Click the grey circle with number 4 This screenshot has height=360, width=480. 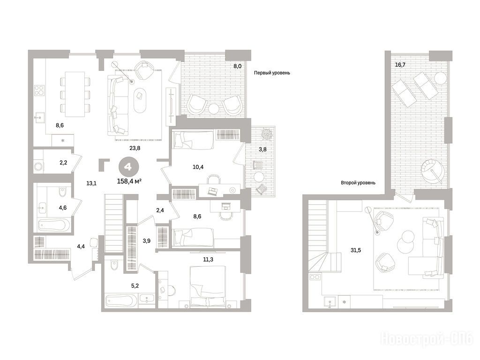128,167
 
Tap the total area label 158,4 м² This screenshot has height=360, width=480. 129,181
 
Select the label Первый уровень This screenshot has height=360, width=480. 272,73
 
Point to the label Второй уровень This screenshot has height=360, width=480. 358,183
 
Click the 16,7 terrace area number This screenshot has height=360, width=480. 400,65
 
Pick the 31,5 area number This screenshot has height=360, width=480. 356,250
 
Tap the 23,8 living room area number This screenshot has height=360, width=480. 135,148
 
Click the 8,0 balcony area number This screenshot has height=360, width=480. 238,66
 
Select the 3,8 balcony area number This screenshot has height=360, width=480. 262,150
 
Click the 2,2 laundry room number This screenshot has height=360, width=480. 63,163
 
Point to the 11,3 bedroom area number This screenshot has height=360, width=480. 208,260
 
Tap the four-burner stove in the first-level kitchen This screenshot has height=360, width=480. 39,90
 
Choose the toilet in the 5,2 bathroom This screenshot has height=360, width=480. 113,264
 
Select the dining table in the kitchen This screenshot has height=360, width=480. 75,94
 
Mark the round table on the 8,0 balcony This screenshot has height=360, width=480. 214,109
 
